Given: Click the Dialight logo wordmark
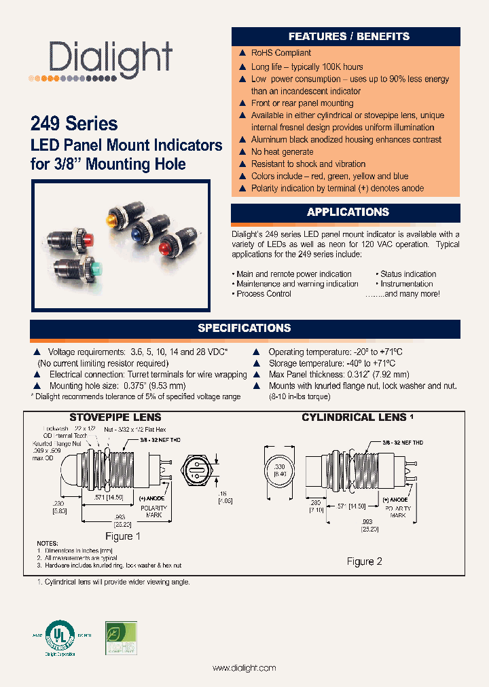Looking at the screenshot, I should click(111, 60).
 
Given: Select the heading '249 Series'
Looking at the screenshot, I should click(74, 124).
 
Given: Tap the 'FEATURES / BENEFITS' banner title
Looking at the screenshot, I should click(348, 36).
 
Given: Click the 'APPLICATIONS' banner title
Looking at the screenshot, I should click(348, 212).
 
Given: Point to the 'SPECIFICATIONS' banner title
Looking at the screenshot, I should click(244, 328).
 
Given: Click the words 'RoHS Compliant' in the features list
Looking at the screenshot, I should click(280, 53).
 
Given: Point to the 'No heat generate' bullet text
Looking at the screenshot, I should click(282, 152).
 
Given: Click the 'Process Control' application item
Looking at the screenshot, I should click(264, 294).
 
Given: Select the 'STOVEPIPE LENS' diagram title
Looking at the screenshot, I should click(115, 417).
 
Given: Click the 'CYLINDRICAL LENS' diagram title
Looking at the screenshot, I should click(353, 417).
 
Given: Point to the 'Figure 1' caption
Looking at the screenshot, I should click(121, 536).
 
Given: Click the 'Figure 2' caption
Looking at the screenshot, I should click(365, 561).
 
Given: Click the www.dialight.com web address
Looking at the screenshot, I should click(244, 668).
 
